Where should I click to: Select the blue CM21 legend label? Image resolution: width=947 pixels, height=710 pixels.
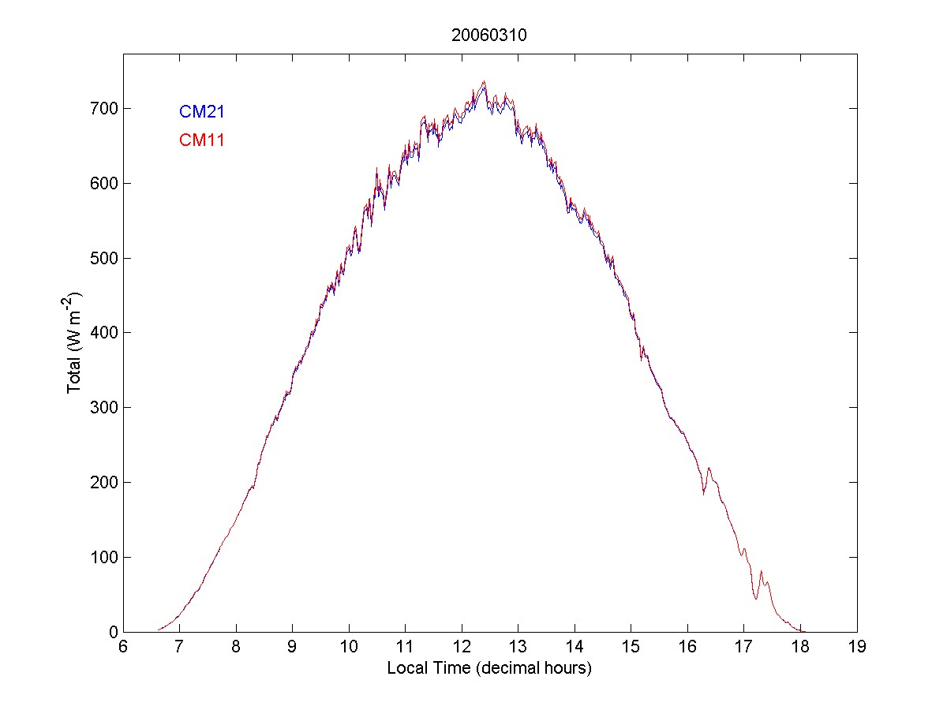[x=202, y=112]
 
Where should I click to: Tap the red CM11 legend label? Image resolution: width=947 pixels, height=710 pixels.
[x=202, y=140]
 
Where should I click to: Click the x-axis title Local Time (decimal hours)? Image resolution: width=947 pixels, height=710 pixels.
[x=489, y=668]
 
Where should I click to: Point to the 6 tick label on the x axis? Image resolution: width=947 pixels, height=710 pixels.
[x=123, y=648]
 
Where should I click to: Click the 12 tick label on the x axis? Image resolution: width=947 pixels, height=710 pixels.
[x=461, y=648]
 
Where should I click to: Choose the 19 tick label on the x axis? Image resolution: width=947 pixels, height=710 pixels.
[x=856, y=648]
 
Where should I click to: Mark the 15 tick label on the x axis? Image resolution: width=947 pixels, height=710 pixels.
[x=631, y=648]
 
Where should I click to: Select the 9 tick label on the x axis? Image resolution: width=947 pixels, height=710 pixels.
[x=292, y=648]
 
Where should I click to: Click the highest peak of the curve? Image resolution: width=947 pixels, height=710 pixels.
[x=484, y=81]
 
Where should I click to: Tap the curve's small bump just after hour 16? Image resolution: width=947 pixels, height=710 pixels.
[x=709, y=469]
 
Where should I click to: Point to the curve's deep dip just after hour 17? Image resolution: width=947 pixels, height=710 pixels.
[x=755, y=599]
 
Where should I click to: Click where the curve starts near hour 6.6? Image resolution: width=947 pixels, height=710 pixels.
[x=159, y=630]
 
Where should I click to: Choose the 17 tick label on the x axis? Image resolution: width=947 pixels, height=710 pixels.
[x=743, y=648]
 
